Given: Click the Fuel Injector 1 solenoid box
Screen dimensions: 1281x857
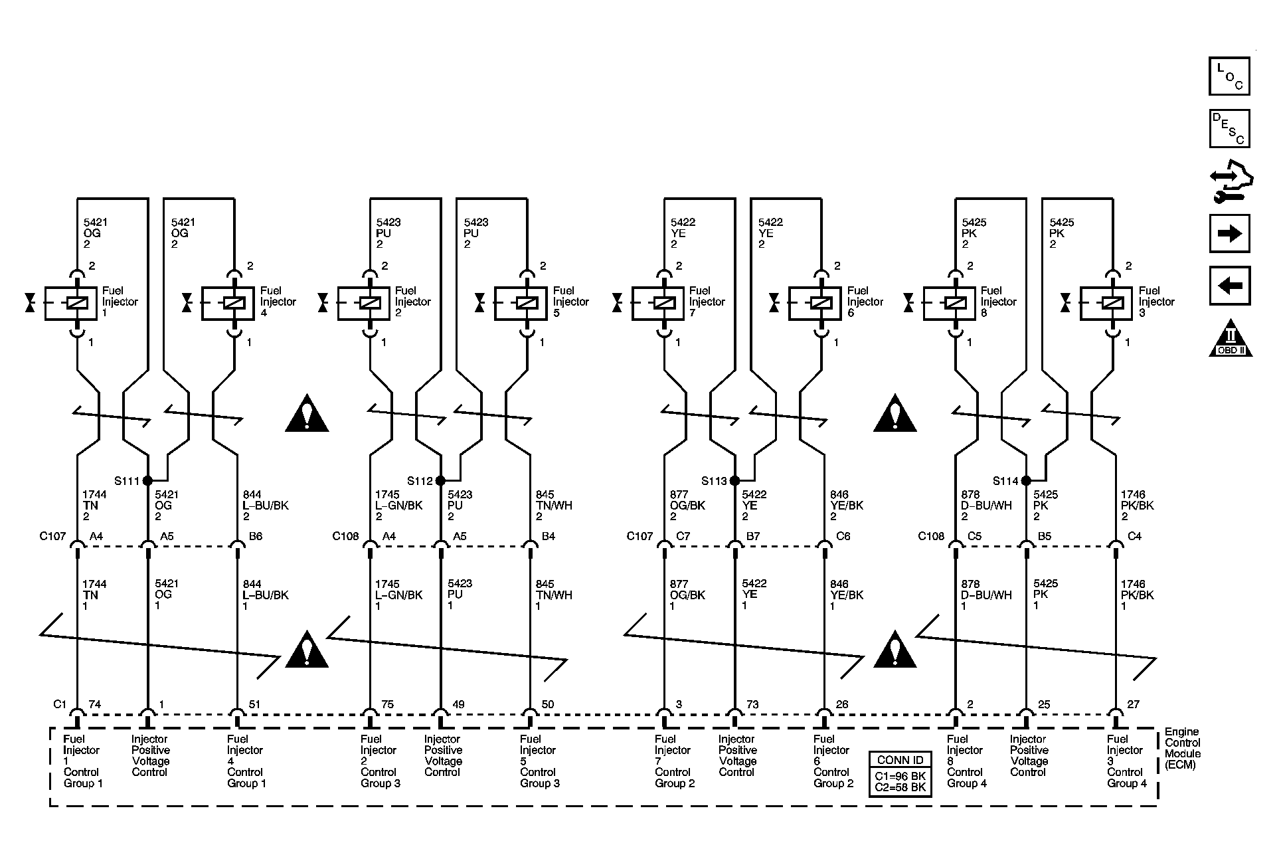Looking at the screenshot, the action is point(71,304).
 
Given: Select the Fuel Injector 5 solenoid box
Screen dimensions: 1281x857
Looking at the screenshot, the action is point(521,304).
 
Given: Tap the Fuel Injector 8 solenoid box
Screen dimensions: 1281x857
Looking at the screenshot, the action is point(950,304).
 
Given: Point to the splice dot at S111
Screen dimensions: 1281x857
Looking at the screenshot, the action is point(147,480).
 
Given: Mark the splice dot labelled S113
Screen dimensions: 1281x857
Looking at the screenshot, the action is point(734,480).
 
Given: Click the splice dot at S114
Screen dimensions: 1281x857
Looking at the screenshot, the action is point(1026,480).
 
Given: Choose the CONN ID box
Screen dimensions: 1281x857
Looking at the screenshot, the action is point(900,773).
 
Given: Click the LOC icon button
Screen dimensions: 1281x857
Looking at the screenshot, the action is point(1229,76).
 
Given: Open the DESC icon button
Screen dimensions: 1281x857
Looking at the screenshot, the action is point(1229,128).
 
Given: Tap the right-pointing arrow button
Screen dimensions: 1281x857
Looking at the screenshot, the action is point(1229,233).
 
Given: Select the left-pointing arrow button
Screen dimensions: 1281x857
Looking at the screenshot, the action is point(1229,286).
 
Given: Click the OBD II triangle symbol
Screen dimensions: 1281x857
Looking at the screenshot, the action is point(1230,339).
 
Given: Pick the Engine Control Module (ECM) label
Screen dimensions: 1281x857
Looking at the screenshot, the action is point(1183,748).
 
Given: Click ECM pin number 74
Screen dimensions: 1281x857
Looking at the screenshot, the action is point(95,705).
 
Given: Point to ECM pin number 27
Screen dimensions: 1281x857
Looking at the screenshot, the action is point(1134,705).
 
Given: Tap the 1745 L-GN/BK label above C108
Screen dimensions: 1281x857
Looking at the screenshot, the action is point(398,506).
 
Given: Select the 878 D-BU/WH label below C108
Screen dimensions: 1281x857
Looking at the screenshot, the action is point(986,595).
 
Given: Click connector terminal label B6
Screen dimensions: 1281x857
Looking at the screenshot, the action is point(256,536).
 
